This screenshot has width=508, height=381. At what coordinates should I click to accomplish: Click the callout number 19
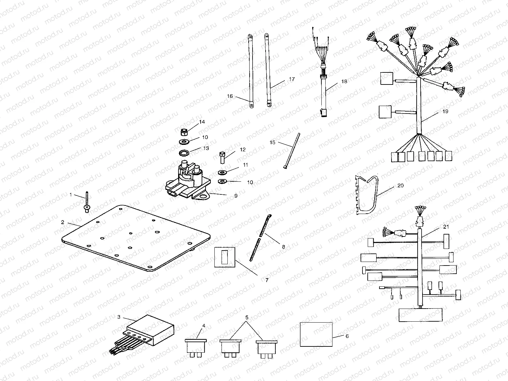(x=445, y=112)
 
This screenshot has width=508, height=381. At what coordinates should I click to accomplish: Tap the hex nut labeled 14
(x=184, y=132)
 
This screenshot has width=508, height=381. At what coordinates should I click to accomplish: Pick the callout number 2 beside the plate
(x=62, y=222)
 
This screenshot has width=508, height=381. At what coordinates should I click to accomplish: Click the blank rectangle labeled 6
(x=316, y=334)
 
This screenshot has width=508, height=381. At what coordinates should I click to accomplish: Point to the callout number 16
(x=230, y=96)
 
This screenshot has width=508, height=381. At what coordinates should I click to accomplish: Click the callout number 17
(x=291, y=79)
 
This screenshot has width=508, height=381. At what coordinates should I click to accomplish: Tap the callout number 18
(x=344, y=82)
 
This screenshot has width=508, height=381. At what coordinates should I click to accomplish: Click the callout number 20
(x=400, y=186)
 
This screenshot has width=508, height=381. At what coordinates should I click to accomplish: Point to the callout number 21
(x=446, y=226)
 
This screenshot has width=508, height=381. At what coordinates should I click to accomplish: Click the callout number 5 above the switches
(x=247, y=317)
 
